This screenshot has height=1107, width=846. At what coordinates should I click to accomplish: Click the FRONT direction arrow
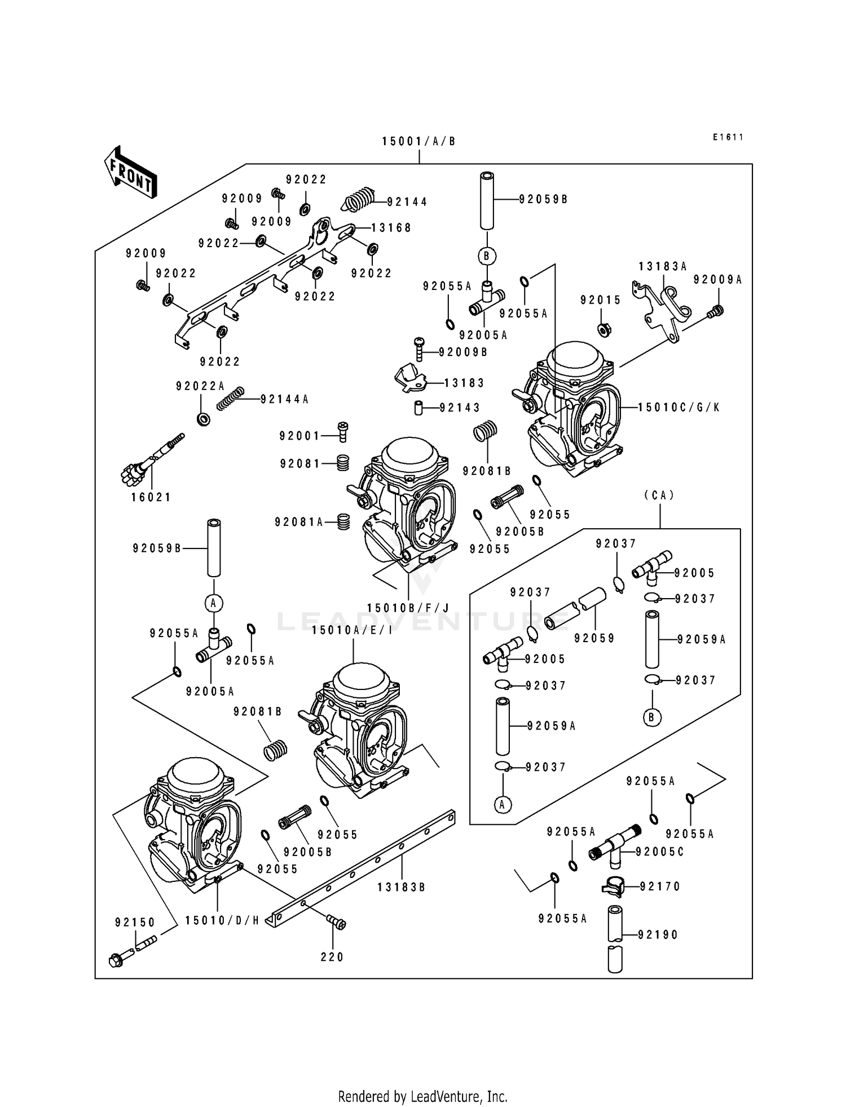(x=130, y=173)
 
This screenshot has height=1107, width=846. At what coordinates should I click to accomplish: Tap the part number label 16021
(x=151, y=497)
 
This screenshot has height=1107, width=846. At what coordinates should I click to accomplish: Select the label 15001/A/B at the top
(x=418, y=142)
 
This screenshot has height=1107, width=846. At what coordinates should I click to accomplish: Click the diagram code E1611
(x=728, y=137)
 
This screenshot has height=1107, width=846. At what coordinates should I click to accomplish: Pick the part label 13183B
(x=401, y=887)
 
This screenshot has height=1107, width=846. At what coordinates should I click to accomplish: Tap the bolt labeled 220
(x=337, y=923)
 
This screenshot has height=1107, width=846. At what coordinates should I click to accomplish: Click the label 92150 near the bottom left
(x=135, y=922)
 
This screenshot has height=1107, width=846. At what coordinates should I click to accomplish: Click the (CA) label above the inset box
(x=659, y=495)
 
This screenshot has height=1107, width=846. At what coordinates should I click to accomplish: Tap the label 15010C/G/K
(x=679, y=407)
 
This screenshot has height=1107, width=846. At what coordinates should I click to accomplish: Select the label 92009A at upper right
(x=717, y=280)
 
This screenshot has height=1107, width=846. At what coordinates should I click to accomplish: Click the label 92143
(x=460, y=407)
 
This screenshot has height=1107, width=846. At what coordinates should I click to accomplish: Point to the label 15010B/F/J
(x=408, y=608)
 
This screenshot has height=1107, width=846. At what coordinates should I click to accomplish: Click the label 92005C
(x=659, y=852)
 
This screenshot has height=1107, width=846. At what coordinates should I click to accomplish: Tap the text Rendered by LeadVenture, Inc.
(x=422, y=1096)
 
